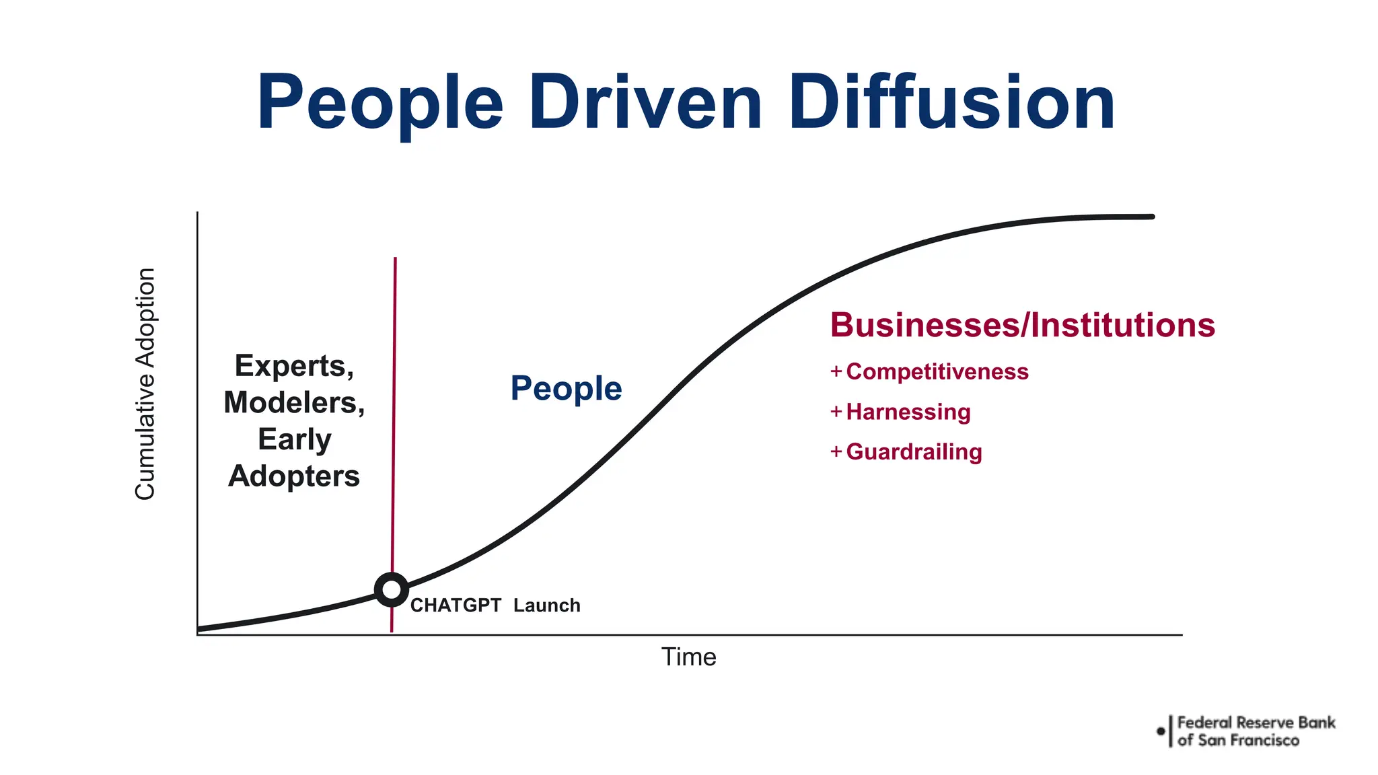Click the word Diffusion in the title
pyautogui.click(x=952, y=103)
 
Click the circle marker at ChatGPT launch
pyautogui.click(x=391, y=590)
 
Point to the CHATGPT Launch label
pyautogui.click(x=495, y=605)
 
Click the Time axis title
pyautogui.click(x=688, y=657)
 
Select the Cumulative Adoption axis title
pyautogui.click(x=145, y=384)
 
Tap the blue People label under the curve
pyautogui.click(x=566, y=388)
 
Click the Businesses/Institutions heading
pyautogui.click(x=1022, y=325)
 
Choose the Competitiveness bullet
pyautogui.click(x=937, y=372)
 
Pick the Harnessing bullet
pyautogui.click(x=908, y=412)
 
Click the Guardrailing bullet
pyautogui.click(x=914, y=452)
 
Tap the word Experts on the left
pyautogui.click(x=294, y=366)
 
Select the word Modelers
pyautogui.click(x=294, y=403)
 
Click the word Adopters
pyautogui.click(x=294, y=476)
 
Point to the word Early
pyautogui.click(x=294, y=439)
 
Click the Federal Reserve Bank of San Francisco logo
pyautogui.click(x=1246, y=731)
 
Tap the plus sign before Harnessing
pyautogui.click(x=836, y=411)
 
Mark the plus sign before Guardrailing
pyautogui.click(x=836, y=451)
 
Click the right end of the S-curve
pyautogui.click(x=1151, y=217)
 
